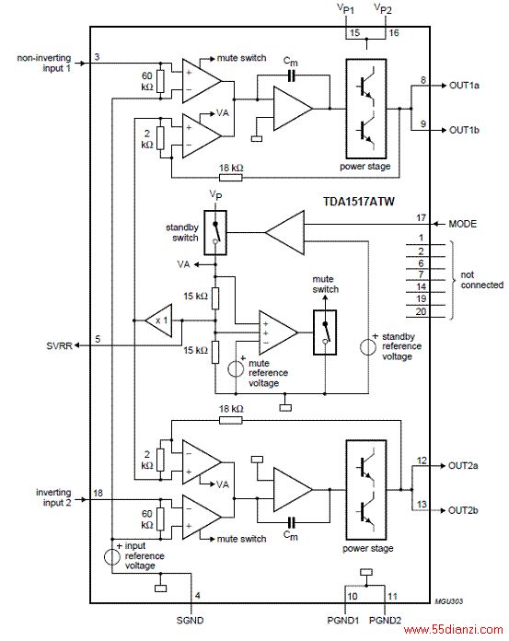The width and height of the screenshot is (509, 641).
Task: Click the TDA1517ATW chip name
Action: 359,202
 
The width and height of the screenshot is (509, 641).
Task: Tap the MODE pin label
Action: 462,224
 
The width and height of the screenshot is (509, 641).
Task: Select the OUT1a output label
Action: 464,86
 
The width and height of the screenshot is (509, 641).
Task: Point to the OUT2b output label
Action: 463,510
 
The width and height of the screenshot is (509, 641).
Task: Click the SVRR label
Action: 59,346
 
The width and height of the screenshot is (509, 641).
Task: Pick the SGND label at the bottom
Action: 190,620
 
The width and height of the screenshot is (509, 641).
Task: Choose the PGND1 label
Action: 343,620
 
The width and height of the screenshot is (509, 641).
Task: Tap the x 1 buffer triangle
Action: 158,320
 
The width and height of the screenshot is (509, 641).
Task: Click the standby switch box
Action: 214,233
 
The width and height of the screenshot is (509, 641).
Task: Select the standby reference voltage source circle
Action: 367,347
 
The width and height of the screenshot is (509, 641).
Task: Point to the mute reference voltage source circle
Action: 236,368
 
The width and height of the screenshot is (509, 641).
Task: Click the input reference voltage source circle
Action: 112,557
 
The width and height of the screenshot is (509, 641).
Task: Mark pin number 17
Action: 422,218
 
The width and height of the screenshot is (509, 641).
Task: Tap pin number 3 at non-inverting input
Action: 97,57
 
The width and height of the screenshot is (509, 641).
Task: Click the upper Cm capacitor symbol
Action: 291,76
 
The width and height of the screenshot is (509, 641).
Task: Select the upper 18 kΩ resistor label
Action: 231,168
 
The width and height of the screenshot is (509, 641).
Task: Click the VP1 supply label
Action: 345,9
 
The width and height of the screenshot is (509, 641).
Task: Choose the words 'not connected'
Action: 482,280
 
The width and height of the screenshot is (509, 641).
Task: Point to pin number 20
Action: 422,311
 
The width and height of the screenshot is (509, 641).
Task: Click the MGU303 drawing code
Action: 448,600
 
